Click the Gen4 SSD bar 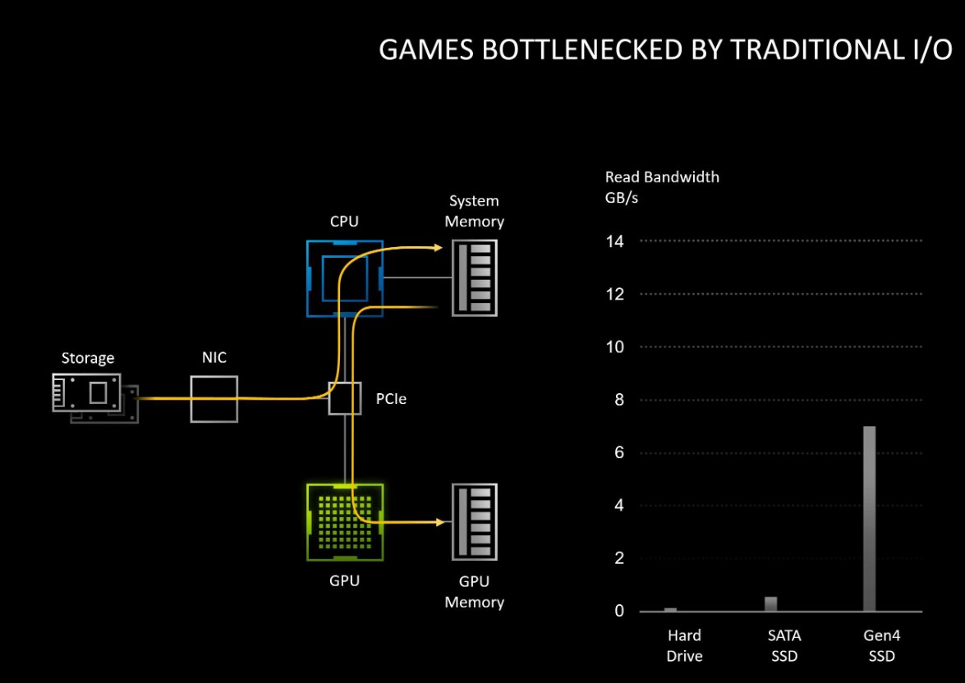click(x=869, y=519)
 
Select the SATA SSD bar click(x=770, y=604)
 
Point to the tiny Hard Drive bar click(x=670, y=609)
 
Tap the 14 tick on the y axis click(x=615, y=241)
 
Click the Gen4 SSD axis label click(x=881, y=645)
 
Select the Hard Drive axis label click(x=683, y=645)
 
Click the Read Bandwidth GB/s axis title click(x=662, y=187)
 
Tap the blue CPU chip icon click(x=344, y=278)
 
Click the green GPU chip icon click(x=344, y=522)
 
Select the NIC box click(x=214, y=399)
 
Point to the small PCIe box click(x=345, y=398)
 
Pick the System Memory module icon click(x=475, y=277)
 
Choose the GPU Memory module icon click(x=475, y=522)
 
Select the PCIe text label click(x=391, y=400)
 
